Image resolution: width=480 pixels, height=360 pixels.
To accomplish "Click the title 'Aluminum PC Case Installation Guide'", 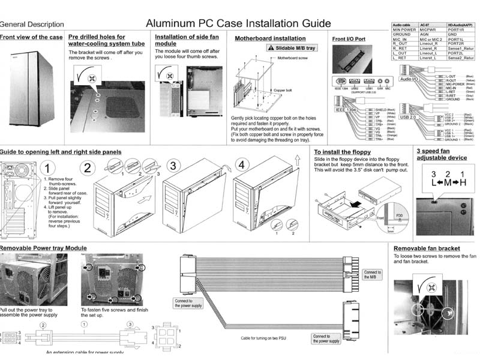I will [x=238, y=23].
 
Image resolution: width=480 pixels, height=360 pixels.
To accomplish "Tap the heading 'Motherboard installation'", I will [x=266, y=38].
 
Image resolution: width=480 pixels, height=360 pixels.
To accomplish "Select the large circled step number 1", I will [x=51, y=167].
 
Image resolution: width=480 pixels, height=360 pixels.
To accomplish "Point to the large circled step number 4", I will [x=241, y=165].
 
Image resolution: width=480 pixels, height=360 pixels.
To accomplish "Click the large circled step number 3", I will [x=173, y=165].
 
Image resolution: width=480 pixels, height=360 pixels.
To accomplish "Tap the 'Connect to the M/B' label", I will [x=372, y=275].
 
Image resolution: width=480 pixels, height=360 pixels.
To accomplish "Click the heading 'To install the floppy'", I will [x=342, y=152].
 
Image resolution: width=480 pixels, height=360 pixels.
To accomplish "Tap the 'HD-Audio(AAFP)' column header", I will [x=460, y=25].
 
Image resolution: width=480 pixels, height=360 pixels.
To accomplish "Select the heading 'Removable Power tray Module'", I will [x=43, y=248].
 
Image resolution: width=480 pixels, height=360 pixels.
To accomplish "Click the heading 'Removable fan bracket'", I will [x=427, y=248].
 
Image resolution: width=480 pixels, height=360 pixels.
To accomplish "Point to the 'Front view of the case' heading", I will [x=31, y=37].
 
